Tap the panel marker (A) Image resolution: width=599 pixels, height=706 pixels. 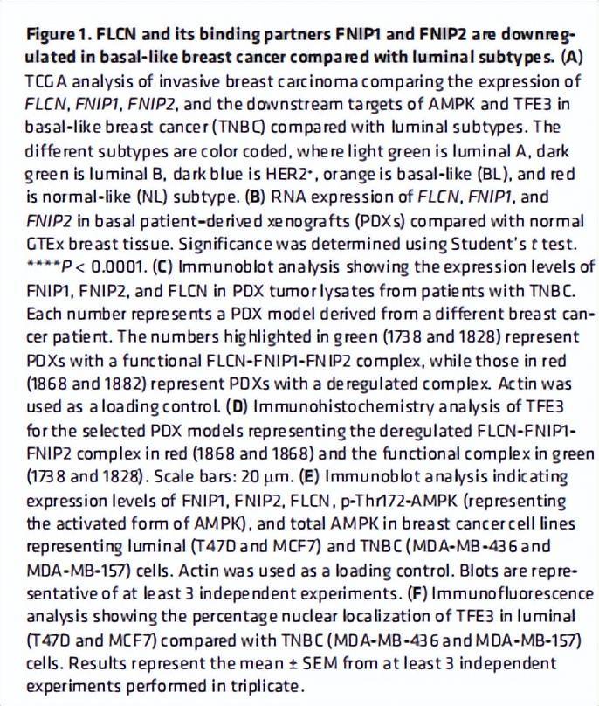coord(571,59)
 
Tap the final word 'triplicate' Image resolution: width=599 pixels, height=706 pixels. coord(261,685)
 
